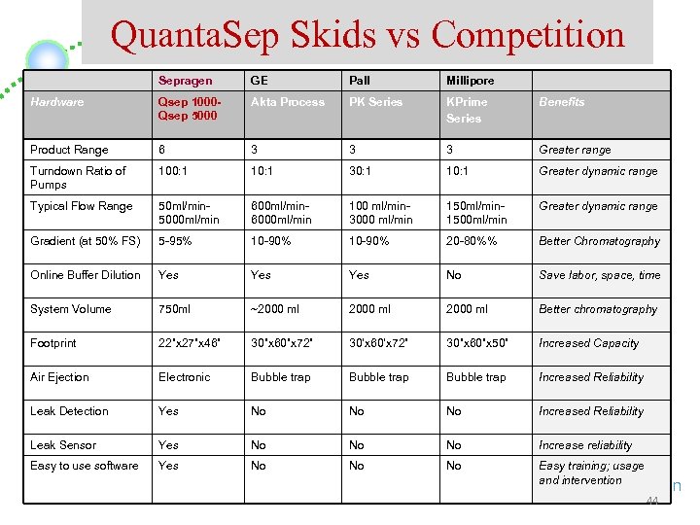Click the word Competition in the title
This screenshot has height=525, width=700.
(527, 35)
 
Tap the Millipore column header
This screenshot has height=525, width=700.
(471, 81)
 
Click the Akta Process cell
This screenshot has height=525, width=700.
(288, 102)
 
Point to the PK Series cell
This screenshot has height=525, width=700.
(377, 102)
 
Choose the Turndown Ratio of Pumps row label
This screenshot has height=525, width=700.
(78, 178)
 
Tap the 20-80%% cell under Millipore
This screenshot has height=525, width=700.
(472, 241)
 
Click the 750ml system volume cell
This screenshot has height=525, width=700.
(176, 309)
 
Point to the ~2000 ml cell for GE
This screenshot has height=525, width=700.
(275, 309)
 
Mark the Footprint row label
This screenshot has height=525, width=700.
(53, 343)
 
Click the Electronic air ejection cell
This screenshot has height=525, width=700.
(185, 377)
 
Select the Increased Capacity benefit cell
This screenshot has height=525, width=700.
(588, 343)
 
